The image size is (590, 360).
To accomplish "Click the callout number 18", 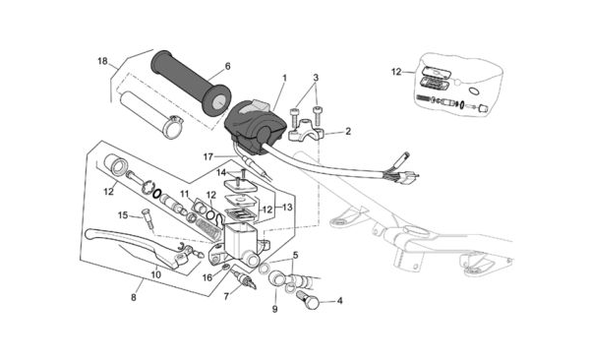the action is point(102,61).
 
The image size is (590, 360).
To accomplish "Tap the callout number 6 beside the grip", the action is point(227,66).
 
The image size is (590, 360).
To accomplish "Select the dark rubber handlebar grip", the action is point(191,84).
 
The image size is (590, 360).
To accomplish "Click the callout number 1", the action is point(284,78).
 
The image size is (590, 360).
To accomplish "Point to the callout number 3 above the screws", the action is point(316,78).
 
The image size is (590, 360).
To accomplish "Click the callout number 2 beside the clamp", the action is point(348,132).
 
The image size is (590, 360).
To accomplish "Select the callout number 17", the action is point(208,156).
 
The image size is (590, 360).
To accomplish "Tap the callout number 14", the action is point(221,173).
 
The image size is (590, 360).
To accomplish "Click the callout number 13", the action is point(287,208).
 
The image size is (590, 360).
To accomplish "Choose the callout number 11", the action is point(185,194).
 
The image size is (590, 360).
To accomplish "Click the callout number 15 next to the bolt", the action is point(123,215).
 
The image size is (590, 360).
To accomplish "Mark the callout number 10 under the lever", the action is point(155,274).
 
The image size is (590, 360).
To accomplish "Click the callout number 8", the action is point(134,297).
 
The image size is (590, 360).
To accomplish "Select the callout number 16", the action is point(207,278).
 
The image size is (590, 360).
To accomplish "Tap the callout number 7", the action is point(226,297).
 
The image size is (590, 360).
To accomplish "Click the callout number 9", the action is point(274,309).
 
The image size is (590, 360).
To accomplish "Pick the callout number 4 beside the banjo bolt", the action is point(340,301).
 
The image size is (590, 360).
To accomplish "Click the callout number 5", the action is point(295,256).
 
